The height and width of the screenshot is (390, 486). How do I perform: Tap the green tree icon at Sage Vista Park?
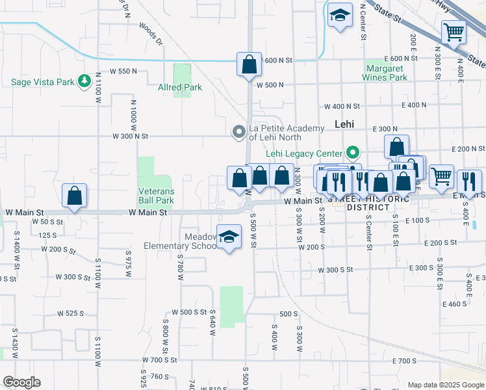click(83, 81)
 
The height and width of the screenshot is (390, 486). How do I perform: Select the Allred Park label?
click(180, 87)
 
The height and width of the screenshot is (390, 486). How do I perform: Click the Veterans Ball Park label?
click(156, 196)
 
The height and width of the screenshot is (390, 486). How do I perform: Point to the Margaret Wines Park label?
click(387, 73)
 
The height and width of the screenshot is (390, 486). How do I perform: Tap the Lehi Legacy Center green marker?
click(353, 153)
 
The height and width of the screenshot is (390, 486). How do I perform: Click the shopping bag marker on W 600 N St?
click(249, 65)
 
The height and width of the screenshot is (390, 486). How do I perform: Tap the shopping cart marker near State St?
click(453, 32)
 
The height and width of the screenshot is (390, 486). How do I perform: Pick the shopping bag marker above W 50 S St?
click(75, 196)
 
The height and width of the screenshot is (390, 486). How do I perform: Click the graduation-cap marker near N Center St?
click(339, 17)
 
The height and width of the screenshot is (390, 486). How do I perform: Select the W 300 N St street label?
click(131, 136)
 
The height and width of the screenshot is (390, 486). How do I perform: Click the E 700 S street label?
click(403, 361)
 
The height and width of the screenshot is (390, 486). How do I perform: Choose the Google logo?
click(21, 382)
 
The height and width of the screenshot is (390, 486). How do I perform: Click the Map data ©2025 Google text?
click(445, 385)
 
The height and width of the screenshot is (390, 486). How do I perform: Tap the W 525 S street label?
click(71, 313)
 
